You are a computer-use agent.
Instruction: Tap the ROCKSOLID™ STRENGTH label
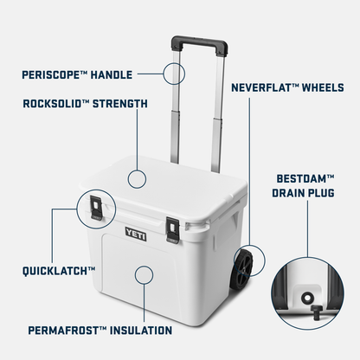[86, 104]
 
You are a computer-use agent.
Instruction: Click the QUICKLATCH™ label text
[59, 271]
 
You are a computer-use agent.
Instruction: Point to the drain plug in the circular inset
[307, 297]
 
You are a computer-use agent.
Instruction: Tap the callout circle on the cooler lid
[137, 179]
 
